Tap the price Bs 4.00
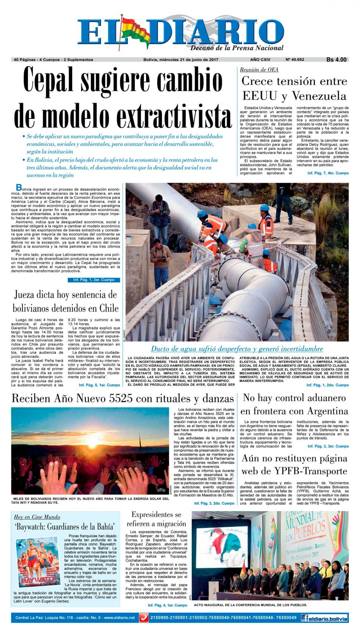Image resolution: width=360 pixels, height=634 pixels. tap(336, 60)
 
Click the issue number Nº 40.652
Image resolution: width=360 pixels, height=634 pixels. tap(295, 59)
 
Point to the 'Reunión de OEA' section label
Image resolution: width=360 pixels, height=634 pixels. tap(259, 70)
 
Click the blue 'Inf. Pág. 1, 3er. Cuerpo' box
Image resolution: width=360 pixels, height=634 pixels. tap(94, 280)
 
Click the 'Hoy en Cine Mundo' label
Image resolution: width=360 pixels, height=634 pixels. tap(37, 517)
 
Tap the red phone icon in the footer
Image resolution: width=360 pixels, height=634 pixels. tap(144, 618)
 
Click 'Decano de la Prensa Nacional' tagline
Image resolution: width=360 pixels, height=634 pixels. tap(237, 48)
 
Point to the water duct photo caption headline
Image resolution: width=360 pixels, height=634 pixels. tap(237, 349)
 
